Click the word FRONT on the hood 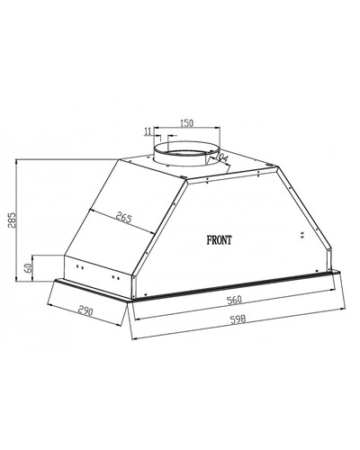219,240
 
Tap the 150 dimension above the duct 186,123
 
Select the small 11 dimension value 147,131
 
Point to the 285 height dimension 11,220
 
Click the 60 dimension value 28,267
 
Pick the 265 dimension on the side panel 124,218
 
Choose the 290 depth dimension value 85,310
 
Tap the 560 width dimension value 234,300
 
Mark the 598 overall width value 238,319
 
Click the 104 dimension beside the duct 222,157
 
